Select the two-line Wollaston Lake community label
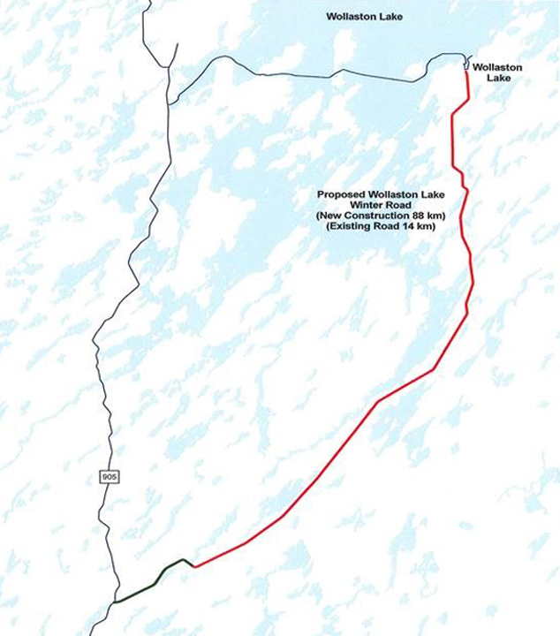(496, 72)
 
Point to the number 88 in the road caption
(419, 216)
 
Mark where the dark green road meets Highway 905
(114, 602)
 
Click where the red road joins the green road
(193, 565)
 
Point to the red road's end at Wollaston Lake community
(465, 71)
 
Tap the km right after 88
(435, 216)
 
